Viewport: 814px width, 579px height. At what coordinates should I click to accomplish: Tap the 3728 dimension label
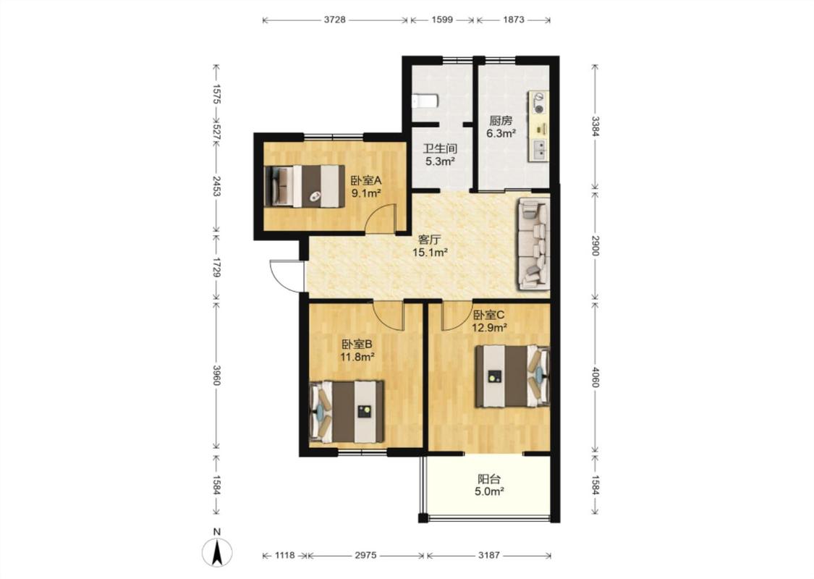[x=335, y=20]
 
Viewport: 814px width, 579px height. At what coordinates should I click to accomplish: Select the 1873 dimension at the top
[x=514, y=20]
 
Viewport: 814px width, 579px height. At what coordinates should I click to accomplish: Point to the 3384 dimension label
[x=595, y=126]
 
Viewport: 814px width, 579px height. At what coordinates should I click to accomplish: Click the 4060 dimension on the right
[x=595, y=378]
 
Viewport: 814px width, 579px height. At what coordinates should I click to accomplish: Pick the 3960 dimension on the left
[x=217, y=375]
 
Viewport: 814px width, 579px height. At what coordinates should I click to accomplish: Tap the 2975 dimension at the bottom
[x=365, y=555]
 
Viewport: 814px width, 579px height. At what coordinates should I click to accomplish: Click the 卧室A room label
[x=366, y=181]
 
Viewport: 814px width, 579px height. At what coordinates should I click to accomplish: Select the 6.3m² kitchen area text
[x=501, y=133]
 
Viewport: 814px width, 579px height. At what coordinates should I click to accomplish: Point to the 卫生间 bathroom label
[x=440, y=149]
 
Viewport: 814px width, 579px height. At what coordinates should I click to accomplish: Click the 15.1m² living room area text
[x=430, y=253]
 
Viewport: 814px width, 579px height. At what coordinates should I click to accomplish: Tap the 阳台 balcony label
[x=489, y=479]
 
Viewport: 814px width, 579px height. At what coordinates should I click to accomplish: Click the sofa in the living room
[x=533, y=244]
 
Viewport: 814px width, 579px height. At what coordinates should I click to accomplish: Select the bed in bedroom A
[x=305, y=186]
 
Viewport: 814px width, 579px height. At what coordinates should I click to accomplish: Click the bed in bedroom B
[x=347, y=411]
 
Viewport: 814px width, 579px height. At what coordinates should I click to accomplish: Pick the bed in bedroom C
[x=512, y=376]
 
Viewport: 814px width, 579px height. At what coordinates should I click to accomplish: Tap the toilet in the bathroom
[x=425, y=101]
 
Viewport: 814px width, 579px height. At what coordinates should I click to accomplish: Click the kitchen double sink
[x=539, y=149]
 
